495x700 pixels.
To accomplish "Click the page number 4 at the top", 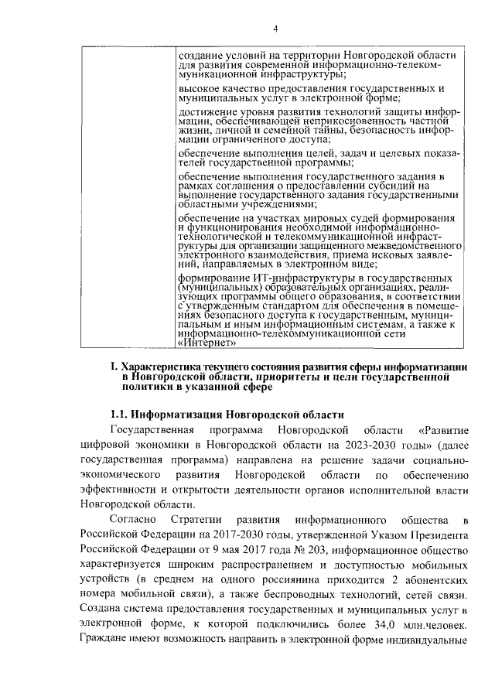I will [275, 29].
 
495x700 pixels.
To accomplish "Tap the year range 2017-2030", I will [207, 534].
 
